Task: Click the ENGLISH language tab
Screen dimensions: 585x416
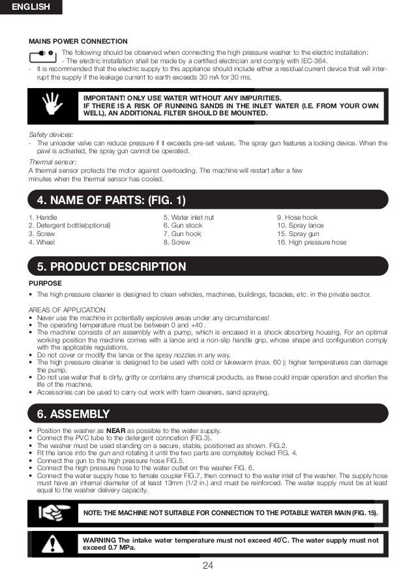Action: click(31, 7)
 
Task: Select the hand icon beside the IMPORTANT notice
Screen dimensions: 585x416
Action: click(50, 104)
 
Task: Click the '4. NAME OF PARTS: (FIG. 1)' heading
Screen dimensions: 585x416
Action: click(111, 199)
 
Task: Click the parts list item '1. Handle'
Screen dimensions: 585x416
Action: click(43, 217)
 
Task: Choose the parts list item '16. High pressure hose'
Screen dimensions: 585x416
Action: click(312, 243)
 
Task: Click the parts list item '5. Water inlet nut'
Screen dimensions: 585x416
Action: click(188, 217)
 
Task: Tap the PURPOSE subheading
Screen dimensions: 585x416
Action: click(46, 283)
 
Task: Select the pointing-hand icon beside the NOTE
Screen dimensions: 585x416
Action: click(50, 513)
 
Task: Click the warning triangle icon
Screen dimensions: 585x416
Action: click(50, 544)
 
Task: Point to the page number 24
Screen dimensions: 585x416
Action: click(208, 565)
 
